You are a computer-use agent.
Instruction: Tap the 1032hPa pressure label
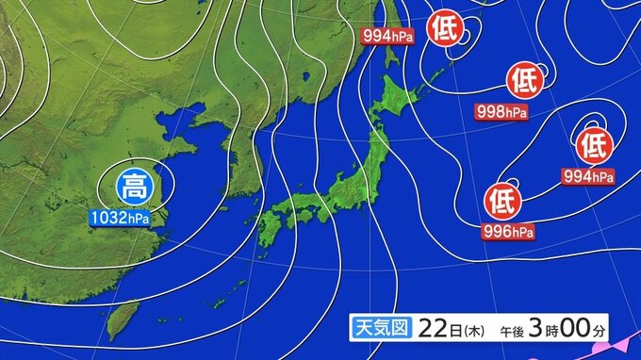point(120,218)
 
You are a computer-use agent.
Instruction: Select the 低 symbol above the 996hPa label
point(501,200)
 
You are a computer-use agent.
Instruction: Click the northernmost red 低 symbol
point(444,28)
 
